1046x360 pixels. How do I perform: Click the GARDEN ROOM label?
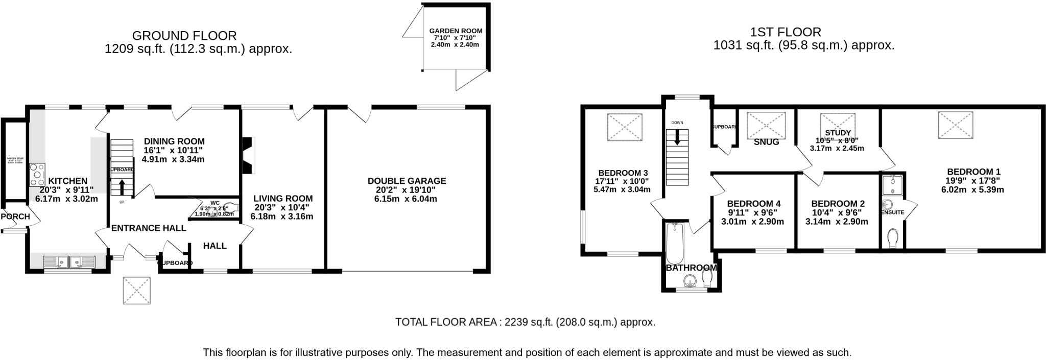(456, 31)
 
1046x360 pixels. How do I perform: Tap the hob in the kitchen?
(37, 174)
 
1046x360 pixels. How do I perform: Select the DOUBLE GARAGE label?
(407, 181)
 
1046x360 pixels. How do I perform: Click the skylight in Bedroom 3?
(624, 127)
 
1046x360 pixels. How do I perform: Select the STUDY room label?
(838, 133)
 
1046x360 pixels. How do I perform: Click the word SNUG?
(766, 142)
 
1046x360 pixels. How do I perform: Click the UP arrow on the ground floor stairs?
(122, 186)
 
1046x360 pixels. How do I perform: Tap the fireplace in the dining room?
(249, 156)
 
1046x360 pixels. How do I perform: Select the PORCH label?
(15, 217)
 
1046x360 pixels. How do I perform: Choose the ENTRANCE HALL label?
(148, 228)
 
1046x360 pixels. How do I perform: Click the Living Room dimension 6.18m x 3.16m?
(282, 217)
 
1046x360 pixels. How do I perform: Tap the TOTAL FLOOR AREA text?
(525, 322)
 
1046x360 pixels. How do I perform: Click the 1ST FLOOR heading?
(785, 32)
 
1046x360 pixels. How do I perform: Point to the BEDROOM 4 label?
(753, 204)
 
